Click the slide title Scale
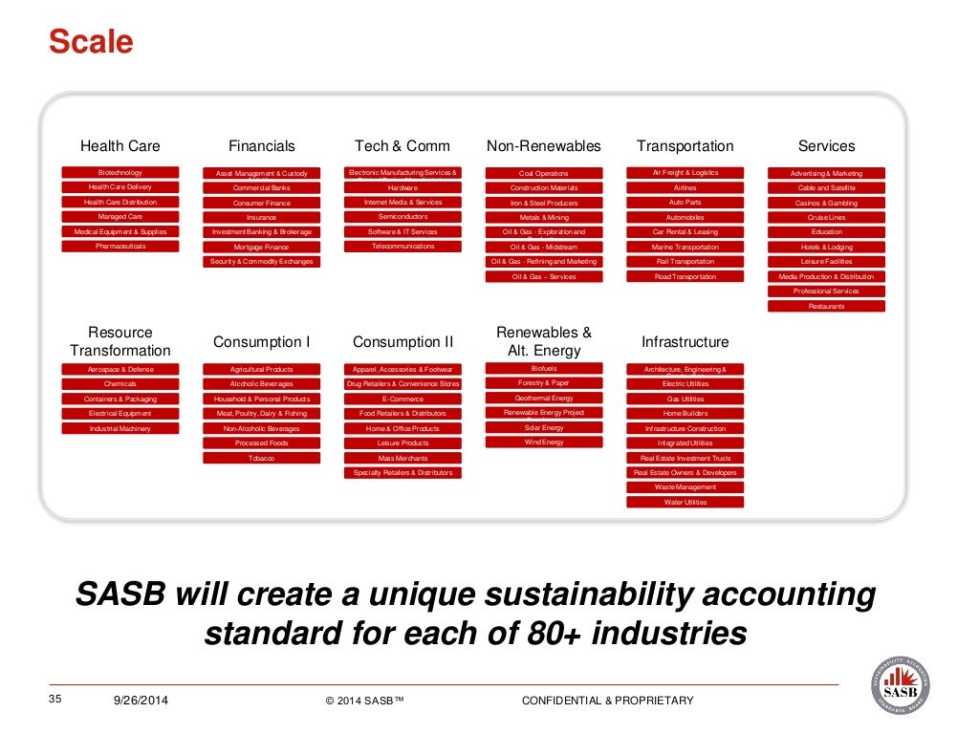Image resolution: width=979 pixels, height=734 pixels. tap(91, 43)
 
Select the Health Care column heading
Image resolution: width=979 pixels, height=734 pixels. tap(120, 146)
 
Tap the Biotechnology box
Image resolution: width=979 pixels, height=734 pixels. tap(120, 173)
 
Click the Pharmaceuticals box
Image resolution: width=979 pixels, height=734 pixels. tap(120, 247)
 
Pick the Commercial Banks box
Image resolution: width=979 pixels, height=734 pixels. tap(262, 188)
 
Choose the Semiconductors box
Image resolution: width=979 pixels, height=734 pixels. tap(402, 217)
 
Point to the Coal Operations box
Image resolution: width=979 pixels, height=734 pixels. tap(544, 174)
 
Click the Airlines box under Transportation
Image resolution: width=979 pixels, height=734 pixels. tap(685, 188)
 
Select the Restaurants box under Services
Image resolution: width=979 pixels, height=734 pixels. tap(826, 307)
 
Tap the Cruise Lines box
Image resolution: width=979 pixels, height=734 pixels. tap(826, 218)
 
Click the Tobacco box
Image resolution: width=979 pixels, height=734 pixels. tap(262, 459)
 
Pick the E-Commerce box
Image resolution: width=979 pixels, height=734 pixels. tap(402, 399)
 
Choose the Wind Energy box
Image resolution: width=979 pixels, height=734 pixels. tap(544, 443)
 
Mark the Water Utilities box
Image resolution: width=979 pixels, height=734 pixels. tap(685, 502)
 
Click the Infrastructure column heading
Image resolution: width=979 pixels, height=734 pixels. tap(685, 342)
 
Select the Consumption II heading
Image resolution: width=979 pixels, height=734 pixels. tap(402, 342)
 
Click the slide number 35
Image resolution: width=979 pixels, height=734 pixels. tap(54, 701)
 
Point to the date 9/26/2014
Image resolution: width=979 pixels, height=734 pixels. tap(141, 702)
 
